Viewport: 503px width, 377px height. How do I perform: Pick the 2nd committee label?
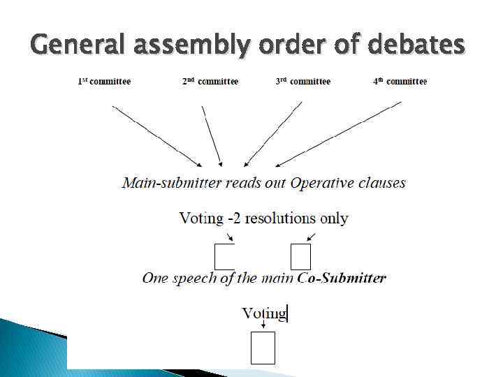pyautogui.click(x=210, y=82)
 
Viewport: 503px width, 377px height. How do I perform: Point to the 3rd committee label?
pyautogui.click(x=302, y=82)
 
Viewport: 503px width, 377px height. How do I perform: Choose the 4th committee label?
pyautogui.click(x=399, y=82)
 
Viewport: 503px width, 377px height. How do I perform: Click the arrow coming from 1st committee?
pyautogui.click(x=156, y=135)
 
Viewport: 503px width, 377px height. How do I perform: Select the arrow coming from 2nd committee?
pyautogui.click(x=212, y=135)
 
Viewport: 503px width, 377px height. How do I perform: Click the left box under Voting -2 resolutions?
pyautogui.click(x=224, y=256)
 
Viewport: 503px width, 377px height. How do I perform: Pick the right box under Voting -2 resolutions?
pyautogui.click(x=300, y=256)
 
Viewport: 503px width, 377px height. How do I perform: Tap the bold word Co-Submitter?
pyautogui.click(x=342, y=278)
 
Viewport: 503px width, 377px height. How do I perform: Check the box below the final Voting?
pyautogui.click(x=263, y=348)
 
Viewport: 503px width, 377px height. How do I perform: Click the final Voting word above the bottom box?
pyautogui.click(x=264, y=313)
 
